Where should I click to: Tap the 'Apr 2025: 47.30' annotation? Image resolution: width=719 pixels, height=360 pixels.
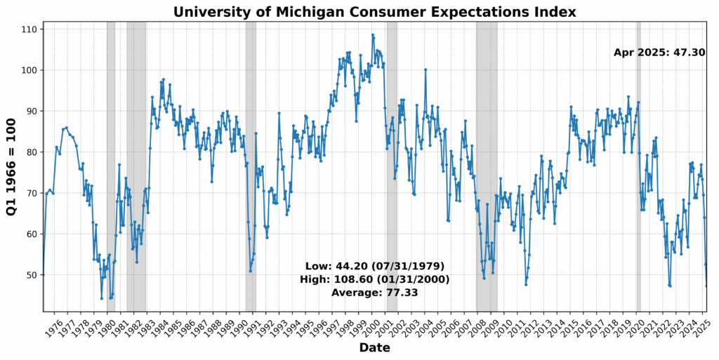point(659,52)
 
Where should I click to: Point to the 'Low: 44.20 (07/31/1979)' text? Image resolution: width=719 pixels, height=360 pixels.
point(374,267)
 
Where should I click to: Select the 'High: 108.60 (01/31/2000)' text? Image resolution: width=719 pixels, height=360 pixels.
point(374,279)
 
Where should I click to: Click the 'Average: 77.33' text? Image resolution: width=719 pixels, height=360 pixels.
point(374,292)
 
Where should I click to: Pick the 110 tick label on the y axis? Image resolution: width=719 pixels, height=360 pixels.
point(29,29)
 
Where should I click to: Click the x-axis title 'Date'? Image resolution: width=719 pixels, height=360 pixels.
point(374,348)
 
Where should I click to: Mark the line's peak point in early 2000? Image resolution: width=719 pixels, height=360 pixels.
point(373,34)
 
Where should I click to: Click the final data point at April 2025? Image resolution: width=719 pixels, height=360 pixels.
point(706,286)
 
